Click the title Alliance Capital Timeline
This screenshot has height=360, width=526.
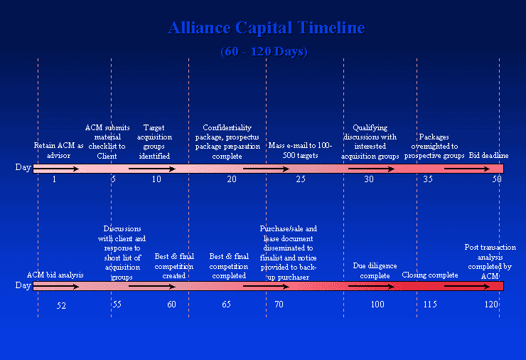(267, 28)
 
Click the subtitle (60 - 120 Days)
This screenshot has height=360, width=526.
(264, 52)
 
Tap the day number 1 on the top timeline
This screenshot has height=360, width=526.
(54, 179)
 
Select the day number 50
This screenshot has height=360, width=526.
(497, 179)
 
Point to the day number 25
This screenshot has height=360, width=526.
(301, 179)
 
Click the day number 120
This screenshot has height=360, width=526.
(491, 305)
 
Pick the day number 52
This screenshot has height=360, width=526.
(61, 306)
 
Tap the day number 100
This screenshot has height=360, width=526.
(377, 305)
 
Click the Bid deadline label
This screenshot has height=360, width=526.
(488, 156)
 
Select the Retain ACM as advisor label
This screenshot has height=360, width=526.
(58, 150)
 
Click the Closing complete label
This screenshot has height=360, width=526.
(430, 275)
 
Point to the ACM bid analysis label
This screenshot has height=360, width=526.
(55, 275)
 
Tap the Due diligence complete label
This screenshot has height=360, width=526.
(375, 270)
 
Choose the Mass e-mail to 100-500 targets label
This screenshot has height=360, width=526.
(300, 150)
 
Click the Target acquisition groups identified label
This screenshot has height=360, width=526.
(154, 142)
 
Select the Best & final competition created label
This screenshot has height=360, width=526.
(174, 266)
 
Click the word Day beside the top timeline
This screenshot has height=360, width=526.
(23, 167)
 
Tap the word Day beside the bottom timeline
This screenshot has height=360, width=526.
(23, 285)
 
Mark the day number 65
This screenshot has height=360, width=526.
(227, 305)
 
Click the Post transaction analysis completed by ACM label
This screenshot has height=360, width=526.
(490, 262)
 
